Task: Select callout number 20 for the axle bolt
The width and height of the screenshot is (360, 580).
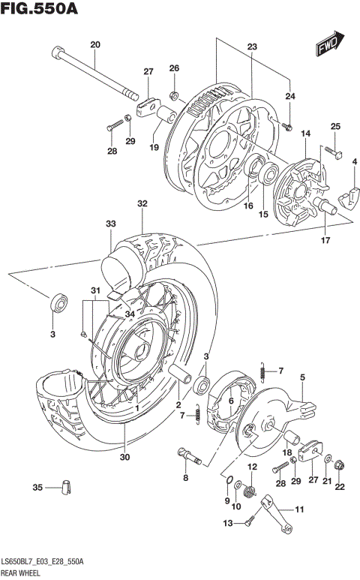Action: tap(94, 45)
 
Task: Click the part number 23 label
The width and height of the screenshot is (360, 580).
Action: tap(252, 47)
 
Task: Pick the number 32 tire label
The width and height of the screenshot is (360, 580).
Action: tap(142, 203)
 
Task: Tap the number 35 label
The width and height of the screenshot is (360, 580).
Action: tap(37, 488)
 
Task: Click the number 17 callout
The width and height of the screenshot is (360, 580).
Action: tap(324, 240)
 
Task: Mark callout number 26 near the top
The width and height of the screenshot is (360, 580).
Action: tap(174, 68)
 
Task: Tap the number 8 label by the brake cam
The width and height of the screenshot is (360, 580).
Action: tap(185, 477)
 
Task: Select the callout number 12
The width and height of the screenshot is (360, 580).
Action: tap(252, 467)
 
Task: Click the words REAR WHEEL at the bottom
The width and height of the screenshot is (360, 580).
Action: tap(22, 572)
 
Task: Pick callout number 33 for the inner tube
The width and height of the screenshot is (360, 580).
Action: tap(110, 224)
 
